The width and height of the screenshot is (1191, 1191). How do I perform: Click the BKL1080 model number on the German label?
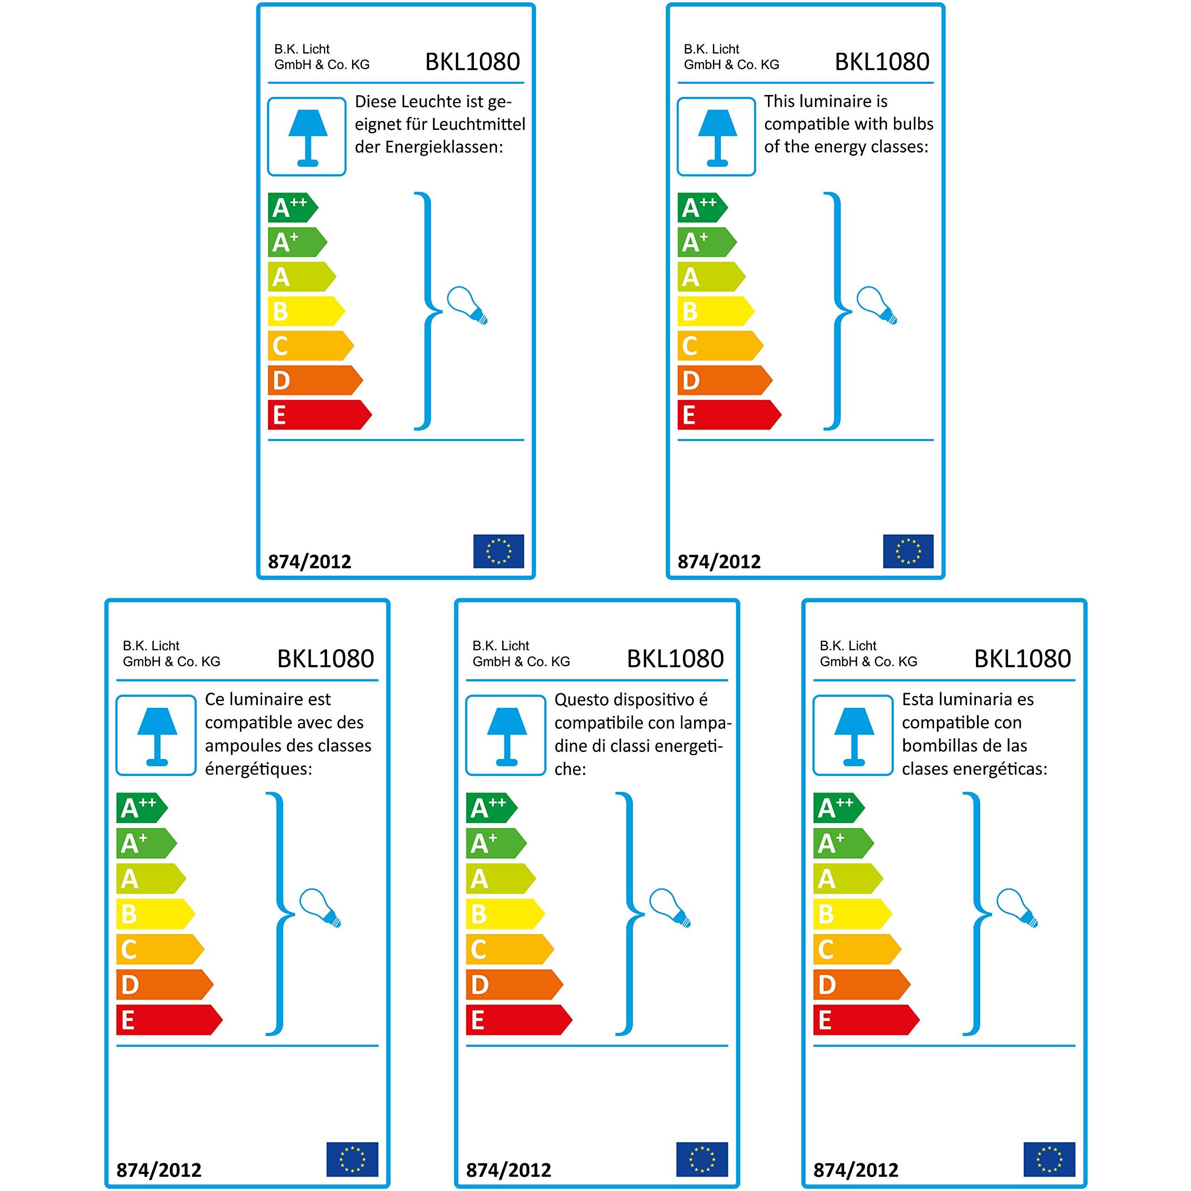[472, 62]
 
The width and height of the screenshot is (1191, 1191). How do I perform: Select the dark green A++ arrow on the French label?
[142, 807]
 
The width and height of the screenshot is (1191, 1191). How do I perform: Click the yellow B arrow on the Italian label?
[505, 913]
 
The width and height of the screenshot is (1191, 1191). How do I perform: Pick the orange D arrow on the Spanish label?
[862, 984]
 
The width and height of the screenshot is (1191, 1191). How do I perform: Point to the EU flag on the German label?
[498, 551]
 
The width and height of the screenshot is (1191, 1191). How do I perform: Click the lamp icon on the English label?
[716, 137]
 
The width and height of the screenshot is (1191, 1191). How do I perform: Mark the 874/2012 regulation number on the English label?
[719, 561]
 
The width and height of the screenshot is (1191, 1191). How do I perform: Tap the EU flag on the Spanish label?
[1049, 1159]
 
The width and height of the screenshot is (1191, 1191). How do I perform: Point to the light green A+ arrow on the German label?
[297, 242]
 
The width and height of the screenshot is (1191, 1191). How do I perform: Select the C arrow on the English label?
[720, 345]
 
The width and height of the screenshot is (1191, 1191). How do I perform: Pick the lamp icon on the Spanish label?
[853, 735]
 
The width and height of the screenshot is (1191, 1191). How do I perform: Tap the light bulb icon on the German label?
[467, 305]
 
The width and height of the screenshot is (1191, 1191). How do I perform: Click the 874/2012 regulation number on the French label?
[159, 1170]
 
